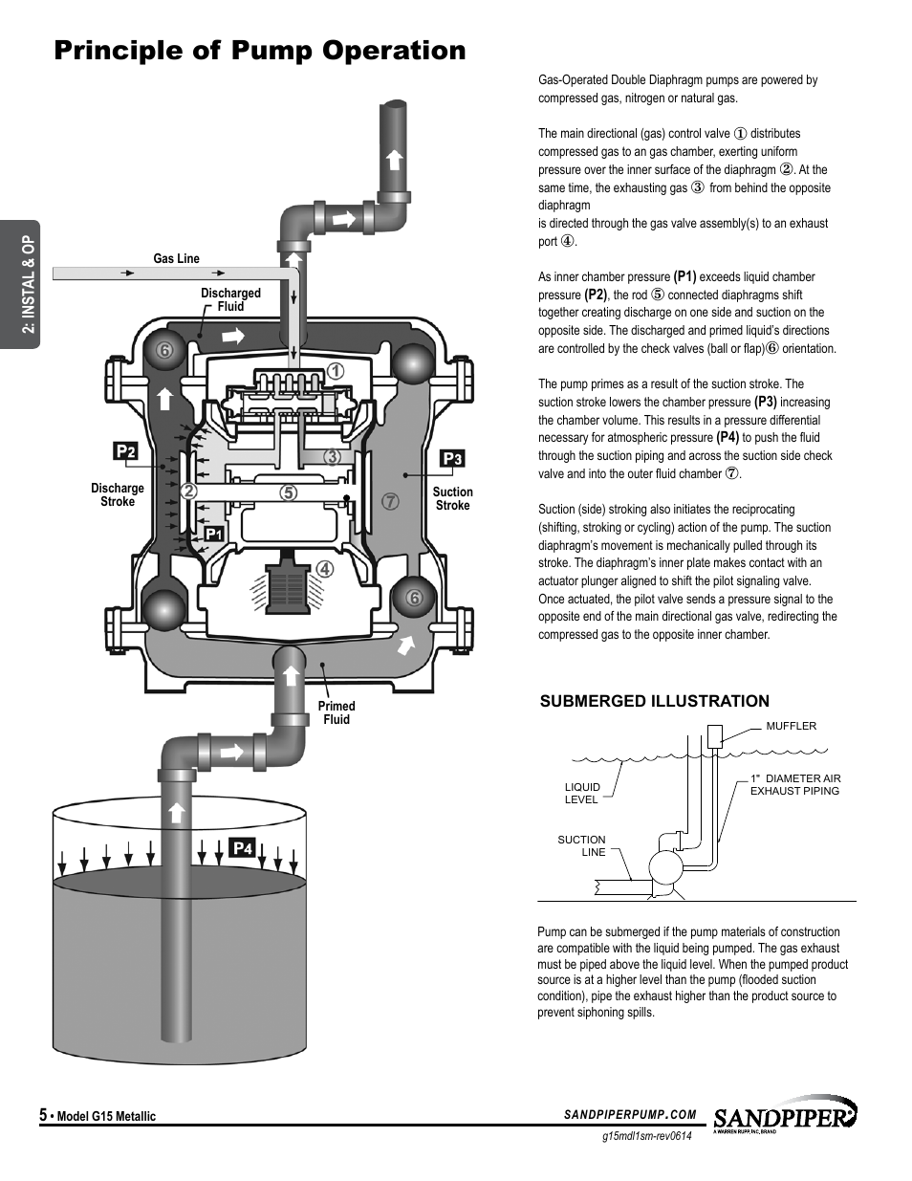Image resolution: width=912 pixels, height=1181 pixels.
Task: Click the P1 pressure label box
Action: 213,535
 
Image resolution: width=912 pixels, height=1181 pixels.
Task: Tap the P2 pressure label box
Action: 125,451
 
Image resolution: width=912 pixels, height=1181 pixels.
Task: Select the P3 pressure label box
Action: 452,459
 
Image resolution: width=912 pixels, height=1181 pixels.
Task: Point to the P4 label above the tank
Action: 242,848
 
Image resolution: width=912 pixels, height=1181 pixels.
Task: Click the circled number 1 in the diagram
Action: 336,371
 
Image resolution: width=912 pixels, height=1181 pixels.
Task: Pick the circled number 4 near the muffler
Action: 325,569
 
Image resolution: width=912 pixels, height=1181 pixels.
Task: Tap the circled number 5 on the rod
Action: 289,492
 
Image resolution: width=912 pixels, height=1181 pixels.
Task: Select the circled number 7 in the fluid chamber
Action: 390,501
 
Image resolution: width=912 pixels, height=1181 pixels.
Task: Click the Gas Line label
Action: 176,259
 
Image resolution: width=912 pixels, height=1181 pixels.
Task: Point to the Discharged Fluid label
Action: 230,299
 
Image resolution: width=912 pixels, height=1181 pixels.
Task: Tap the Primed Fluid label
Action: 337,712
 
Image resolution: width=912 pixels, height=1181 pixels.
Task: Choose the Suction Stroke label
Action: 452,498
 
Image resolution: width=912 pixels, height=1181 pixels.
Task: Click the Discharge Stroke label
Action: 118,494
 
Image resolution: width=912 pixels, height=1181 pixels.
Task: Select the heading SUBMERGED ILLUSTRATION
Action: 655,701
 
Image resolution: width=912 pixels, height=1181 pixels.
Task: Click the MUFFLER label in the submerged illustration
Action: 791,726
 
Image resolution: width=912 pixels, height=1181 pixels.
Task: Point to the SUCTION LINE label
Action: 581,845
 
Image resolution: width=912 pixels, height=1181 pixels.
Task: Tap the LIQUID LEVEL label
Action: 582,793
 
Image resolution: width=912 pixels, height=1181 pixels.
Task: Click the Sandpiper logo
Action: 785,1115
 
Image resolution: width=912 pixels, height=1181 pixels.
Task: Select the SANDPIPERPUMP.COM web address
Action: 630,1115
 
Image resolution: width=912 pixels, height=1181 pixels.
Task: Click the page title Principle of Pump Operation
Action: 260,51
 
